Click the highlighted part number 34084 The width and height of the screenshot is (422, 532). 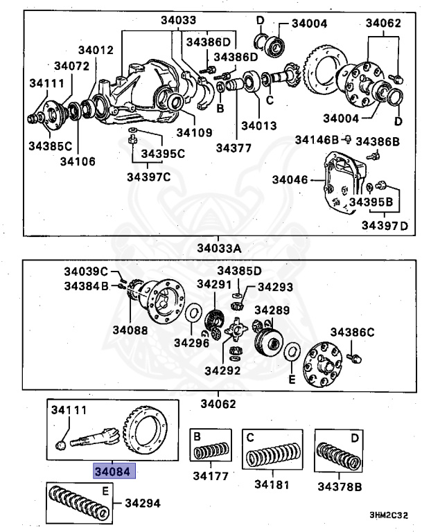[x=116, y=472]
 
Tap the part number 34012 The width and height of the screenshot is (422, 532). [x=95, y=50]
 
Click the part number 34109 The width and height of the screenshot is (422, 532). [x=194, y=132]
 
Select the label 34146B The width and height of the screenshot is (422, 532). [x=317, y=140]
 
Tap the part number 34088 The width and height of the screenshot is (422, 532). [x=131, y=331]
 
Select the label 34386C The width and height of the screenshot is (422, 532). [x=352, y=331]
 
